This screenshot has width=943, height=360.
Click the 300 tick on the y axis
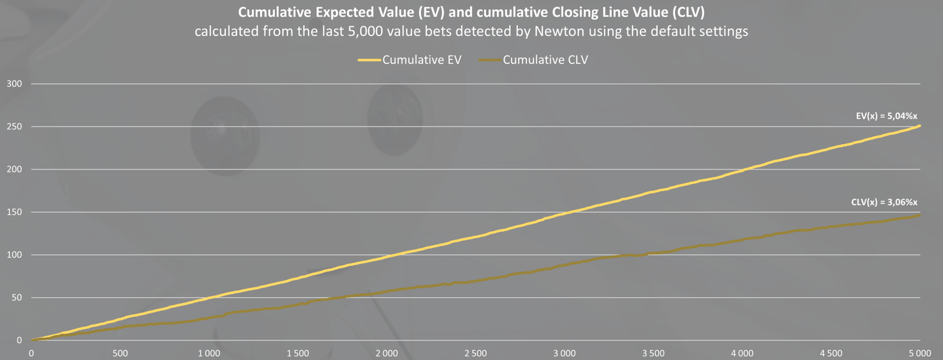[14, 84]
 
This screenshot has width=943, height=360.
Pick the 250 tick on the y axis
[14, 126]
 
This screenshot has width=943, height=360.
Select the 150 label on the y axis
[14, 212]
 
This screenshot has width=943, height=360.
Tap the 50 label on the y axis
[17, 298]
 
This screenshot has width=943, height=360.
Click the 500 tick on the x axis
[120, 353]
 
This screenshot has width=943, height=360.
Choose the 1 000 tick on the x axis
[209, 353]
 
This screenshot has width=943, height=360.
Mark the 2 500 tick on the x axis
[475, 353]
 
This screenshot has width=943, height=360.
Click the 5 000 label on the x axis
[919, 353]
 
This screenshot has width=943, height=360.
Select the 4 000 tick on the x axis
[742, 353]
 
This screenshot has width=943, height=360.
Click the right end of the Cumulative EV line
[920, 126]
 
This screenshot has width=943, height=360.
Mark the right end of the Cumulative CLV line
[920, 215]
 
